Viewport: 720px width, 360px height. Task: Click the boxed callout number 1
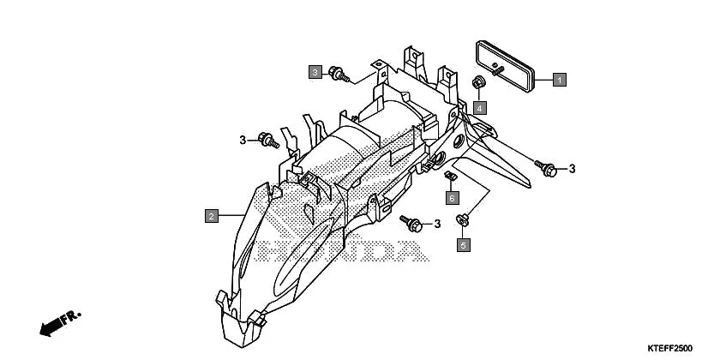(x=558, y=81)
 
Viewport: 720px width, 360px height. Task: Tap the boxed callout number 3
(x=315, y=72)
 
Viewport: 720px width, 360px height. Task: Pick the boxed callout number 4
(x=480, y=107)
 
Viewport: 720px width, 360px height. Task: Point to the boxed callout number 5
(x=464, y=245)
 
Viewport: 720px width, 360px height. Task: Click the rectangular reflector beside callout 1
(x=504, y=62)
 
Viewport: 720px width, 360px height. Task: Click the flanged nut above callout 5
(x=463, y=220)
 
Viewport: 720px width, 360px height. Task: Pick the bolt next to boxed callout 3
(x=339, y=75)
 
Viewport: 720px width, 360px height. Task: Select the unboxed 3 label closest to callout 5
(x=436, y=225)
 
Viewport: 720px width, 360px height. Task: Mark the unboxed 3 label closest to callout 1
(x=573, y=168)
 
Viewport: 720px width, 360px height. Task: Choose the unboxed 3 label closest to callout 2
(x=243, y=140)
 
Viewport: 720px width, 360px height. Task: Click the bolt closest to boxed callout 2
(x=267, y=138)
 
